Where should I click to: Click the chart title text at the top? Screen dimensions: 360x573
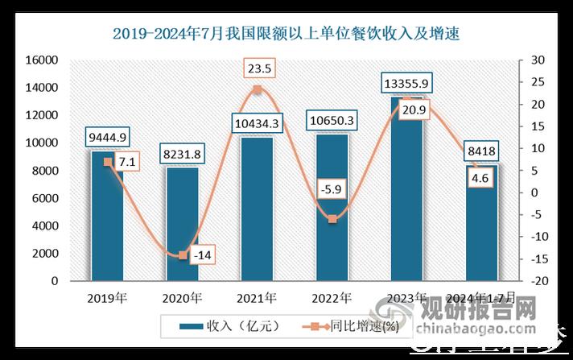(286, 34)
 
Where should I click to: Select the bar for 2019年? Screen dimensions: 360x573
(107, 217)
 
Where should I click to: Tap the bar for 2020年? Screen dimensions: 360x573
(182, 226)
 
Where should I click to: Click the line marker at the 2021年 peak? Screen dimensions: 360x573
(257, 90)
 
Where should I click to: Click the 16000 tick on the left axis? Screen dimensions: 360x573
(45, 60)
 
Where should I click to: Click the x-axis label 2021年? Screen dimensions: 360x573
(257, 298)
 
